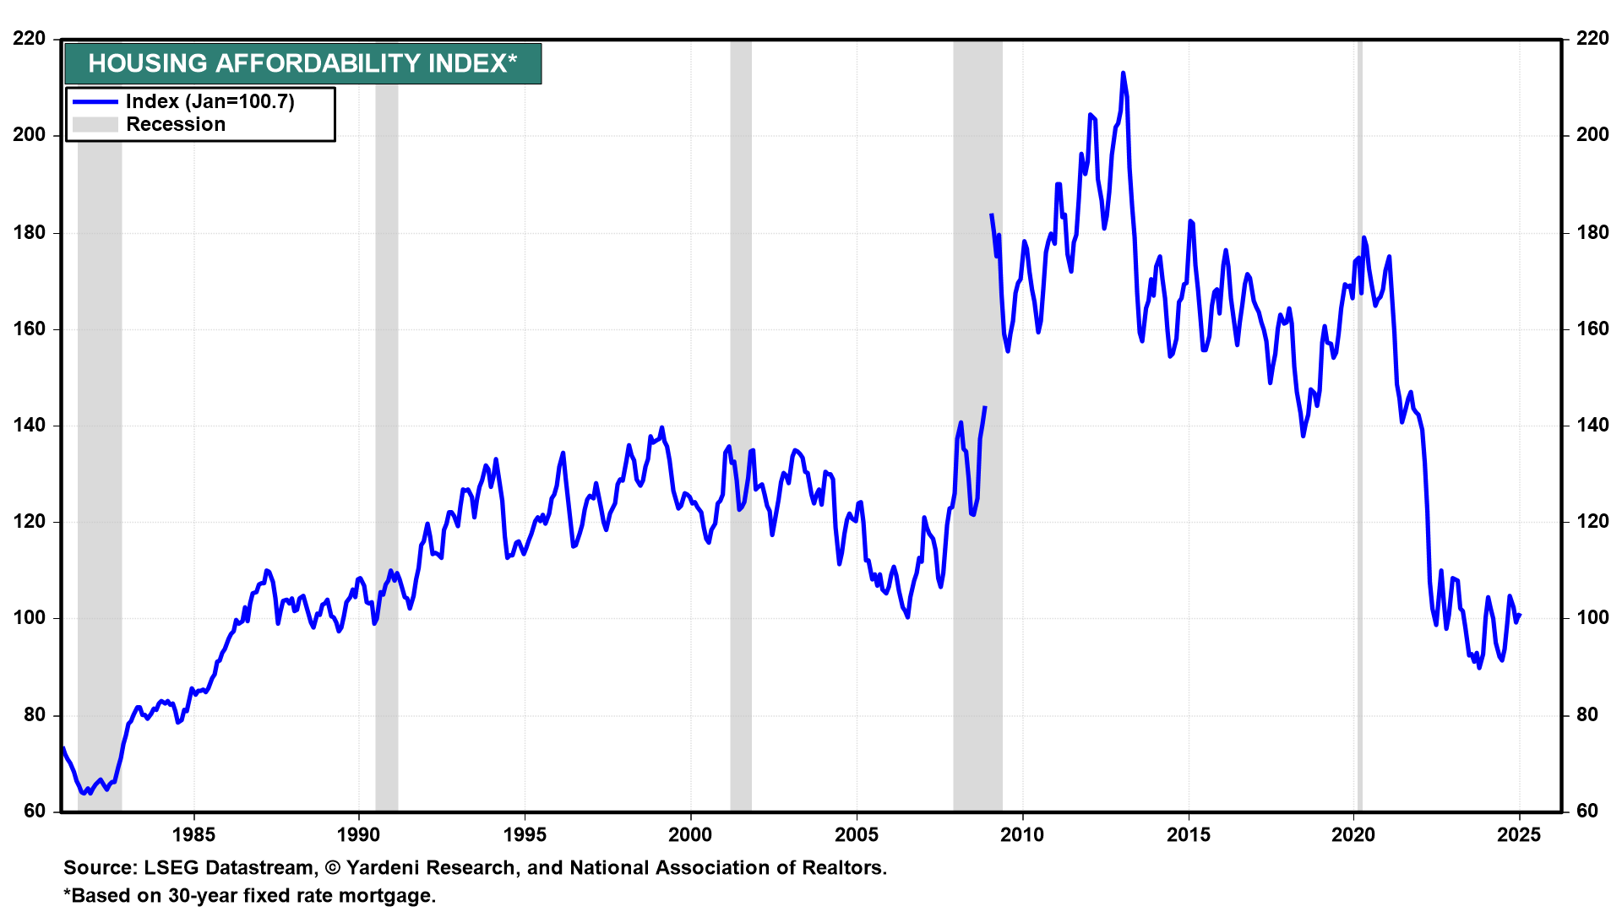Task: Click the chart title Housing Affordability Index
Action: tap(302, 63)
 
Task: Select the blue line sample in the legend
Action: tap(95, 102)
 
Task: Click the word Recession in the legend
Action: tap(176, 125)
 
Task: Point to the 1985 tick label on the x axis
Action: tap(193, 835)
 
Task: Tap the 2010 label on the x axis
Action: tap(1022, 835)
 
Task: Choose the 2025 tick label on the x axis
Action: tap(1520, 835)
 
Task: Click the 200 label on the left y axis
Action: tap(30, 135)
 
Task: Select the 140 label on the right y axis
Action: tap(1592, 426)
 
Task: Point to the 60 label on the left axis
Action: tap(35, 812)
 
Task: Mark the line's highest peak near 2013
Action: tap(1123, 73)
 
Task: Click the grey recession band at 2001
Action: tap(741, 422)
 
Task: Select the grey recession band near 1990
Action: tap(386, 422)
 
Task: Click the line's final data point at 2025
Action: tap(1520, 616)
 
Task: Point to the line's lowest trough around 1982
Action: tap(83, 793)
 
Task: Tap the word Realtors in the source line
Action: tap(847, 868)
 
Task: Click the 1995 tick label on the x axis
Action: tap(525, 835)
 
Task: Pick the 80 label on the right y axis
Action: tap(1587, 715)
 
